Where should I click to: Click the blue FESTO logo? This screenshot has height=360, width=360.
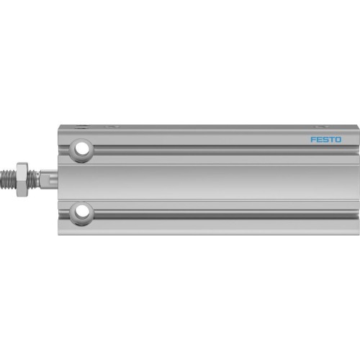coord(326,140)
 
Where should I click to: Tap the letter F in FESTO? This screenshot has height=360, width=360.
coord(313,140)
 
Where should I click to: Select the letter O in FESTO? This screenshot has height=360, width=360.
coord(338,140)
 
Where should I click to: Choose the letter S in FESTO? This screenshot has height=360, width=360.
coord(325,140)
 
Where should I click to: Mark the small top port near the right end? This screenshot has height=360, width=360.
coord(321,127)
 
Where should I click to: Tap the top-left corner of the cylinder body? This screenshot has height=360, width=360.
coord(58,126)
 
